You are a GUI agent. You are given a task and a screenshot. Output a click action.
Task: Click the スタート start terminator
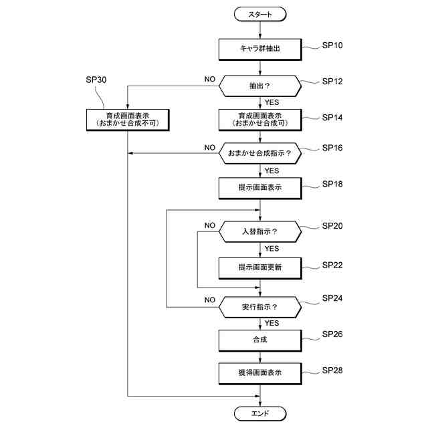coord(260,14)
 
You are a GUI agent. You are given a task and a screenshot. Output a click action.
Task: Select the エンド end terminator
coord(260,413)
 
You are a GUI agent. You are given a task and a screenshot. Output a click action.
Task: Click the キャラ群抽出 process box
coord(260,49)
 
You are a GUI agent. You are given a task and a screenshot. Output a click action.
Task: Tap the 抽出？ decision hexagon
coord(260,86)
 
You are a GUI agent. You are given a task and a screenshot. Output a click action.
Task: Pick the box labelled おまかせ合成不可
coord(128,120)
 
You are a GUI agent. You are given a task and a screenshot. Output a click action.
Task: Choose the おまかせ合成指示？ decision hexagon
coord(260,153)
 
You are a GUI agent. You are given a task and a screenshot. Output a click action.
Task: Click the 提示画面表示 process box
coord(260,188)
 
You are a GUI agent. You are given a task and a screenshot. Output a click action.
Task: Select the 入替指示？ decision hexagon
coord(260,231)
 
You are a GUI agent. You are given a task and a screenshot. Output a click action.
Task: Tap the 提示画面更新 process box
coord(260,268)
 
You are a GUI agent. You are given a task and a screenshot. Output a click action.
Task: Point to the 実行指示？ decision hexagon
coord(260,307)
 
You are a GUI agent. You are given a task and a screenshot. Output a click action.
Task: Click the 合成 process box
coord(260,340)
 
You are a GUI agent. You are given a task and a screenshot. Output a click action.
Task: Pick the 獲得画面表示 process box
coord(260,373)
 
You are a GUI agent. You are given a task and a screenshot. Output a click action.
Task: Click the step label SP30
coord(96,80)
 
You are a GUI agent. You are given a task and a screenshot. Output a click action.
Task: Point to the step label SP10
coord(332,45)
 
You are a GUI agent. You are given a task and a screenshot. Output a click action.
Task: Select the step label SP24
coord(332,298)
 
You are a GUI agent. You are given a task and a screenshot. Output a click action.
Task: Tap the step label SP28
coord(332,370)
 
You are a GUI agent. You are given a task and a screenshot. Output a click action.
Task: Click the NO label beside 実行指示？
coord(210,300)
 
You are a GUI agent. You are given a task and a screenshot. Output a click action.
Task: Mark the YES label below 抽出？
coord(272,102)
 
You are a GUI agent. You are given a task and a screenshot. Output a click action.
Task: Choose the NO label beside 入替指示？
coord(210,225)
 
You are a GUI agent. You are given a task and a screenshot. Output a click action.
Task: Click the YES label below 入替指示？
coord(272,249)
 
